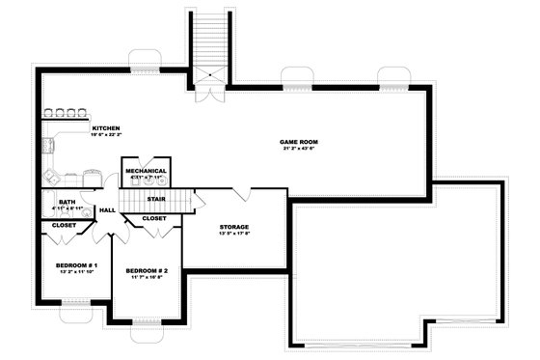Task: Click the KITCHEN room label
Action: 105,128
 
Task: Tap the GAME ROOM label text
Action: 301,142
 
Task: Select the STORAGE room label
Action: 235,226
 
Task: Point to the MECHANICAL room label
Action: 146,171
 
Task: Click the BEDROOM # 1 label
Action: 64,263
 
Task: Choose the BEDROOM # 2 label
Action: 147,271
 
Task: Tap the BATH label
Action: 58,200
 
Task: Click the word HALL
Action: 107,209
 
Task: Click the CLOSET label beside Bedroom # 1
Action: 64,225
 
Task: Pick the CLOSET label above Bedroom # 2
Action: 154,218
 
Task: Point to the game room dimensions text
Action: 301,149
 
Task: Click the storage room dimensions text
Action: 235,233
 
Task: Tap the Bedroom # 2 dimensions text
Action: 147,278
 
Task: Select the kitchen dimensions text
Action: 106,135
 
